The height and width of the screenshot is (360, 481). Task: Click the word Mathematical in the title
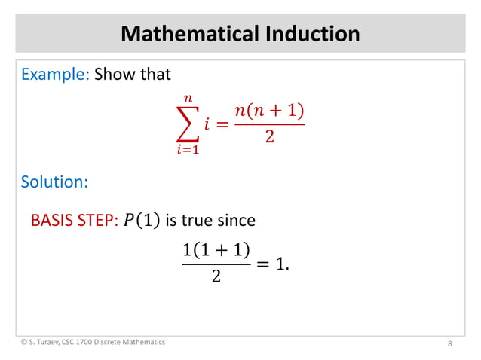(182, 34)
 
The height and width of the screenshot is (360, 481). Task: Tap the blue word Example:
(55, 75)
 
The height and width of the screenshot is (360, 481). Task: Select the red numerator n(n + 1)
(269, 111)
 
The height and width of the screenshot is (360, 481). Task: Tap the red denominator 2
(269, 138)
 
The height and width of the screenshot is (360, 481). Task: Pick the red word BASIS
(51, 221)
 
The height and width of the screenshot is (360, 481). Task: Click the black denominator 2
(216, 277)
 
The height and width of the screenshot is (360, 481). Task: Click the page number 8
(449, 344)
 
